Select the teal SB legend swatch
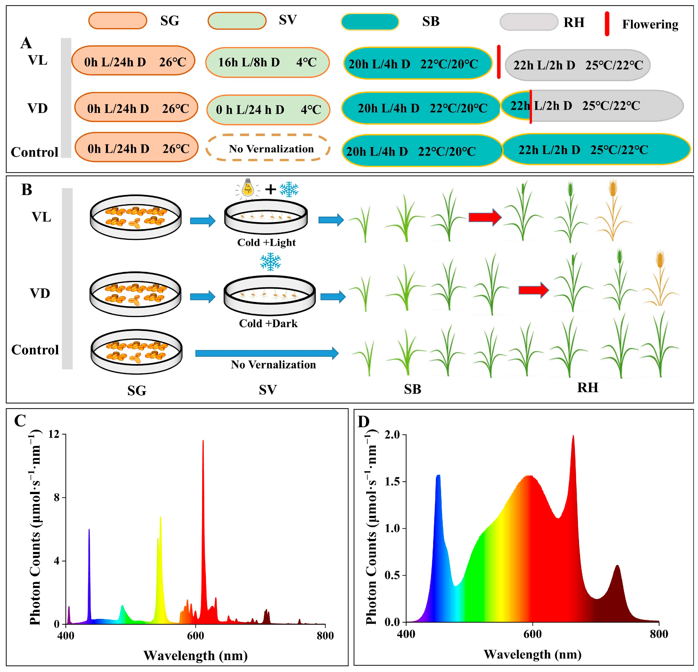(x=370, y=22)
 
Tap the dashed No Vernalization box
(x=268, y=148)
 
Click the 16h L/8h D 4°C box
(x=267, y=62)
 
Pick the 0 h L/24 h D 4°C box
(x=268, y=110)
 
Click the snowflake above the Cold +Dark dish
(x=270, y=262)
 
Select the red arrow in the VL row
(x=485, y=217)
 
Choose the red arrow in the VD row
(x=533, y=290)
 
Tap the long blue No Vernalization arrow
(x=266, y=353)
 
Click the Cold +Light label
(x=266, y=243)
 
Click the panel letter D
(x=364, y=422)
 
